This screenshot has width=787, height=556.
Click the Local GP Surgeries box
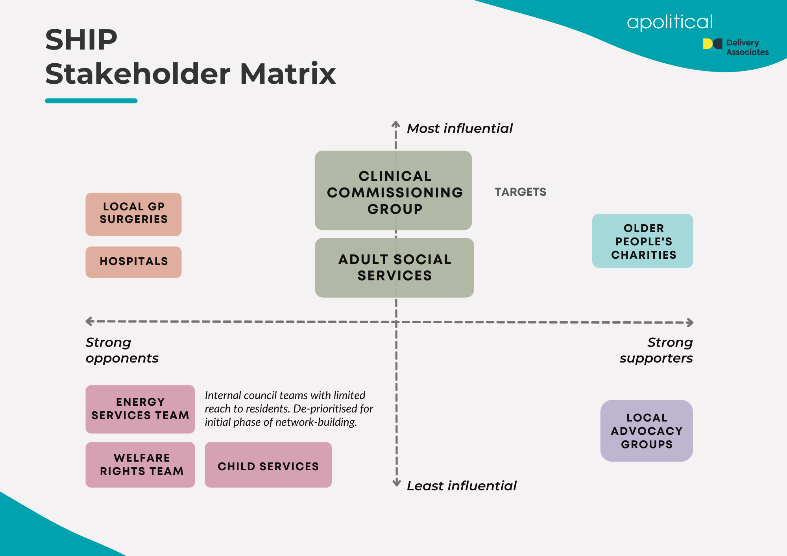133,214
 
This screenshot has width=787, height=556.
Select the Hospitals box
133,262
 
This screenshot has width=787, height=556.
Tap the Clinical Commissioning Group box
393,191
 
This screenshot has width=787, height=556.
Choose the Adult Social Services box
394,268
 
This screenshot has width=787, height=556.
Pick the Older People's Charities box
643,241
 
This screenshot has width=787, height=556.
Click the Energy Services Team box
140,409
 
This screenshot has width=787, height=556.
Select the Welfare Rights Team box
140,465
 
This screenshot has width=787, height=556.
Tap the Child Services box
268,465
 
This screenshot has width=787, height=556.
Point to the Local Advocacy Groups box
647,431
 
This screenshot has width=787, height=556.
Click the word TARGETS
520,192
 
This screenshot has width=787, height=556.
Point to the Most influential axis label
460,129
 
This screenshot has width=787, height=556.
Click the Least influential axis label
462,486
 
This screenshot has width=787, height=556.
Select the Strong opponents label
122,350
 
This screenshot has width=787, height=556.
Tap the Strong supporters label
656,350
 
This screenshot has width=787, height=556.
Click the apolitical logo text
670,22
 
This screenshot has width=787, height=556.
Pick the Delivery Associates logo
735,47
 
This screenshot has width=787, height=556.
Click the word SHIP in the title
81,40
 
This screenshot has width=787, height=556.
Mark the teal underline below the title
91,101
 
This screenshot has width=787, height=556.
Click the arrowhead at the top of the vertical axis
395,124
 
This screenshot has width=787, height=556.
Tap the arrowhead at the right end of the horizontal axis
690,322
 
